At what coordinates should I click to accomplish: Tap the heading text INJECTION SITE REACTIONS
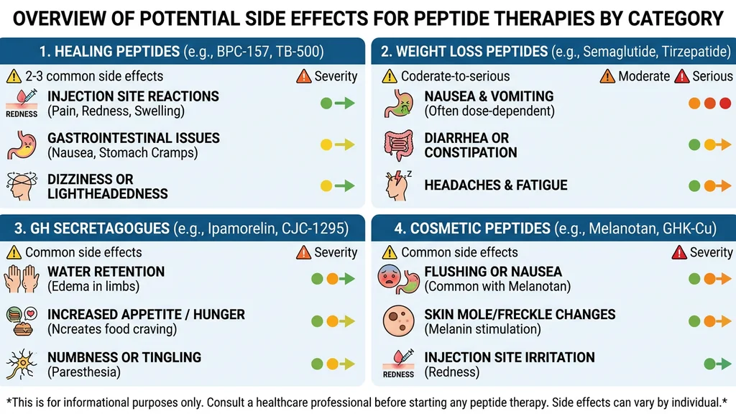coord(133,96)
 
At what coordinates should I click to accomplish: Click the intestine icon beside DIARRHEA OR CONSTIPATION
coord(398,144)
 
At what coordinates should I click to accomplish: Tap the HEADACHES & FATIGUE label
coord(496,185)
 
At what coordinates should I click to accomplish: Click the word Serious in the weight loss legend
coord(712,76)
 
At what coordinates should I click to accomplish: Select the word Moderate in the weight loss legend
coord(644,76)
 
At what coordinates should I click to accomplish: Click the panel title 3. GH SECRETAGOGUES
coord(90,229)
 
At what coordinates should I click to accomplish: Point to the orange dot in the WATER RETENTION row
coord(332,279)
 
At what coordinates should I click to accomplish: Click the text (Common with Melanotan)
coord(497,286)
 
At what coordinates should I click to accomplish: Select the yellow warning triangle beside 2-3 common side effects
coord(14,76)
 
